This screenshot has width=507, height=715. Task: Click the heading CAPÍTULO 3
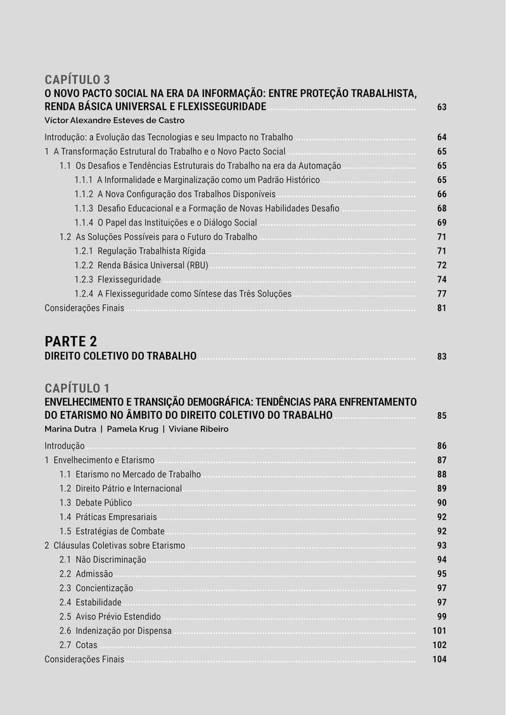[x=77, y=79]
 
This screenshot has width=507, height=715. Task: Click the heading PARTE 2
[x=70, y=341]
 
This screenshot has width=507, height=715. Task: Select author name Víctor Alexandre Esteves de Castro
[x=114, y=120]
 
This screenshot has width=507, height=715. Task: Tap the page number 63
[x=442, y=107]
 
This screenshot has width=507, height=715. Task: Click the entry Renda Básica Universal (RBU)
[x=153, y=266]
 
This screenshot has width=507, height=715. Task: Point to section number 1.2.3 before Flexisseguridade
[x=84, y=280]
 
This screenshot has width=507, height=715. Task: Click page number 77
[x=442, y=294]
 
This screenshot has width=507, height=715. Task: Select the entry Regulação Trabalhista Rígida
[x=151, y=251]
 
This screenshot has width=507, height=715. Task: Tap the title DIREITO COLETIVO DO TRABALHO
[x=120, y=356]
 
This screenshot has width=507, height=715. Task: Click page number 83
[x=442, y=357]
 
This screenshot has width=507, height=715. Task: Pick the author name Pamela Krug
[x=132, y=429]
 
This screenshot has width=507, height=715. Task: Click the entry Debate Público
[x=103, y=503]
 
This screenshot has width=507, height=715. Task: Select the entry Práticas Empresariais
[x=116, y=517]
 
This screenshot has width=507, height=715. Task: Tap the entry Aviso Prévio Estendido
[x=118, y=617]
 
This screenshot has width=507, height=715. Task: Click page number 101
[x=439, y=631]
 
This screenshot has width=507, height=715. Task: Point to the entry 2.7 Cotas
[x=79, y=645]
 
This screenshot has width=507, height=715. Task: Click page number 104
[x=439, y=659]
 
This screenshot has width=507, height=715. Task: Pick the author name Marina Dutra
[x=70, y=429]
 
